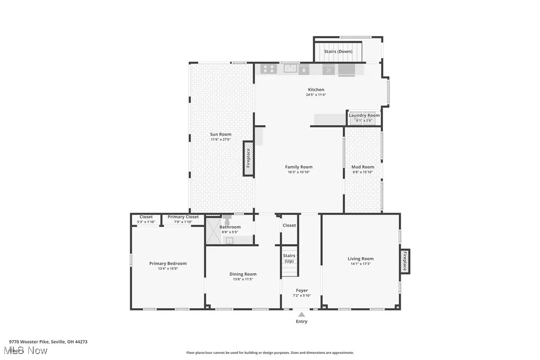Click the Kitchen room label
coord(315,90)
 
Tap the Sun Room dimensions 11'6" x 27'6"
coord(220,140)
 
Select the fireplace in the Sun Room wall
coord(248,158)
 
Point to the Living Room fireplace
coord(405,261)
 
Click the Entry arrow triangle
coord(301,314)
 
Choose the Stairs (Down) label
coord(338,52)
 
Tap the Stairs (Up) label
coord(289,258)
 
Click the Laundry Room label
coord(364,115)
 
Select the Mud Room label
coord(362,167)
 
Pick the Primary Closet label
coord(183,217)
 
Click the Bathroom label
coord(230,227)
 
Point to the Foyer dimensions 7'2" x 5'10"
coord(301,296)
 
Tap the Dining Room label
coord(243,274)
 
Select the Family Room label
coord(298,167)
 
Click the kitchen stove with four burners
coord(269,69)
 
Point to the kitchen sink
coord(290,69)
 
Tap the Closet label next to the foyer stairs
coord(289,225)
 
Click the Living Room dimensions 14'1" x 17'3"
coord(360,264)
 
